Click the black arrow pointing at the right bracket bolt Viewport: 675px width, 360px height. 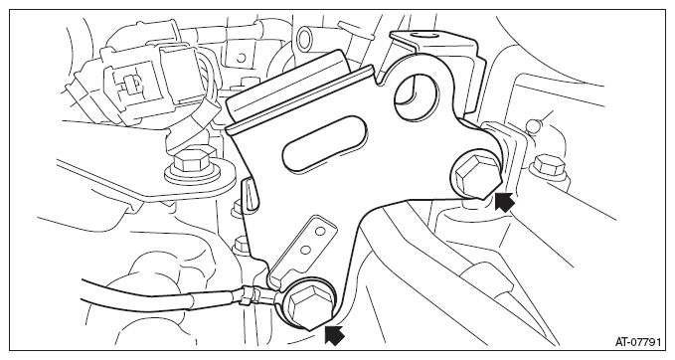coord(504,202)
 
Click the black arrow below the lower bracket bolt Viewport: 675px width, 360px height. coord(334,335)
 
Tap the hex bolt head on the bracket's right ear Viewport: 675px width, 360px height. coord(475,175)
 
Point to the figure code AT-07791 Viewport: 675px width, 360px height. coord(637,342)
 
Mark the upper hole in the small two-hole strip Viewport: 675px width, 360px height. coord(319,233)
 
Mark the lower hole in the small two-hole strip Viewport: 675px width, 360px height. coord(305,250)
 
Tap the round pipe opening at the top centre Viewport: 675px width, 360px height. coord(305,37)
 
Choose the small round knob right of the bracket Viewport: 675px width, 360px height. coord(534,125)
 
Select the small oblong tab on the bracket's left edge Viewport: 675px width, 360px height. coord(251,196)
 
